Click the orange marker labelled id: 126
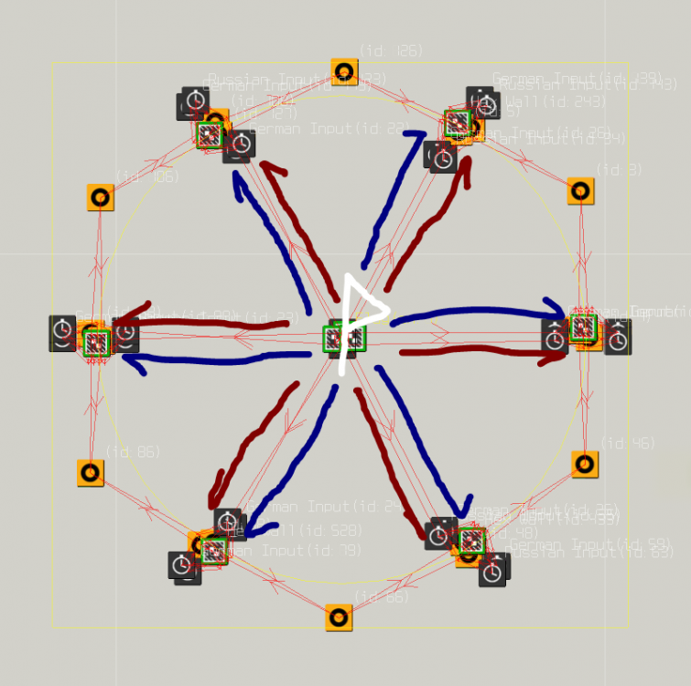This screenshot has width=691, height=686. [x=344, y=71]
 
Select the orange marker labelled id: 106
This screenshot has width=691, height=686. [x=101, y=197]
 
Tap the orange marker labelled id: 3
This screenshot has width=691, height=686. [x=580, y=191]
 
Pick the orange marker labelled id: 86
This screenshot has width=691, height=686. [x=90, y=473]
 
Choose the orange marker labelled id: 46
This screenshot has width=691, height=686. [x=585, y=464]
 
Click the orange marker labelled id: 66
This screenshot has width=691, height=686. [x=339, y=616]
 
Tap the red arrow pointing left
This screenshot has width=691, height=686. [x=201, y=323]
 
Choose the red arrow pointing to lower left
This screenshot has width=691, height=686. [x=247, y=448]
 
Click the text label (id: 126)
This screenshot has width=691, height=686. [x=391, y=51]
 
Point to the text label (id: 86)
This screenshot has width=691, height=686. [x=133, y=452]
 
